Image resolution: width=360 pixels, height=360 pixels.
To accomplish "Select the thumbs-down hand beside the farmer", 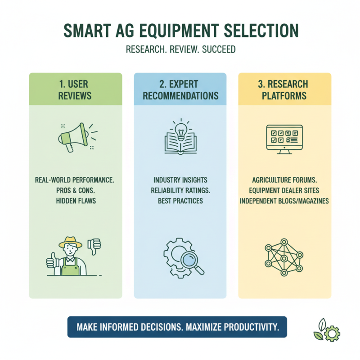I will coord(94,246).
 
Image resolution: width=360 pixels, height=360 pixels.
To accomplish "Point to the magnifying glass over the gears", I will coord(190,260).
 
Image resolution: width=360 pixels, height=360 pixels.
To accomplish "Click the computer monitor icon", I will coord(284,137).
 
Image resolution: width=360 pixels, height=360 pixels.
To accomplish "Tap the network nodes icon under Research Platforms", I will coord(284,259).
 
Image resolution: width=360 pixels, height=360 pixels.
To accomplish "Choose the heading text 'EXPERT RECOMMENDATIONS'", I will coord(180,90).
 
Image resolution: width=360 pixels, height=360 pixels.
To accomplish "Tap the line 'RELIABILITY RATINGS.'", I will coord(180,190).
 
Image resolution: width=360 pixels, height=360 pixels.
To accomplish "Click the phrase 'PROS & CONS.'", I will coord(75,190).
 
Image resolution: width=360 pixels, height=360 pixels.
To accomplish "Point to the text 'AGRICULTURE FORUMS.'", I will coord(284,180).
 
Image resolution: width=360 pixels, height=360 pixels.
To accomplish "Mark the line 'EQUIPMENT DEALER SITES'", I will coord(284,190).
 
